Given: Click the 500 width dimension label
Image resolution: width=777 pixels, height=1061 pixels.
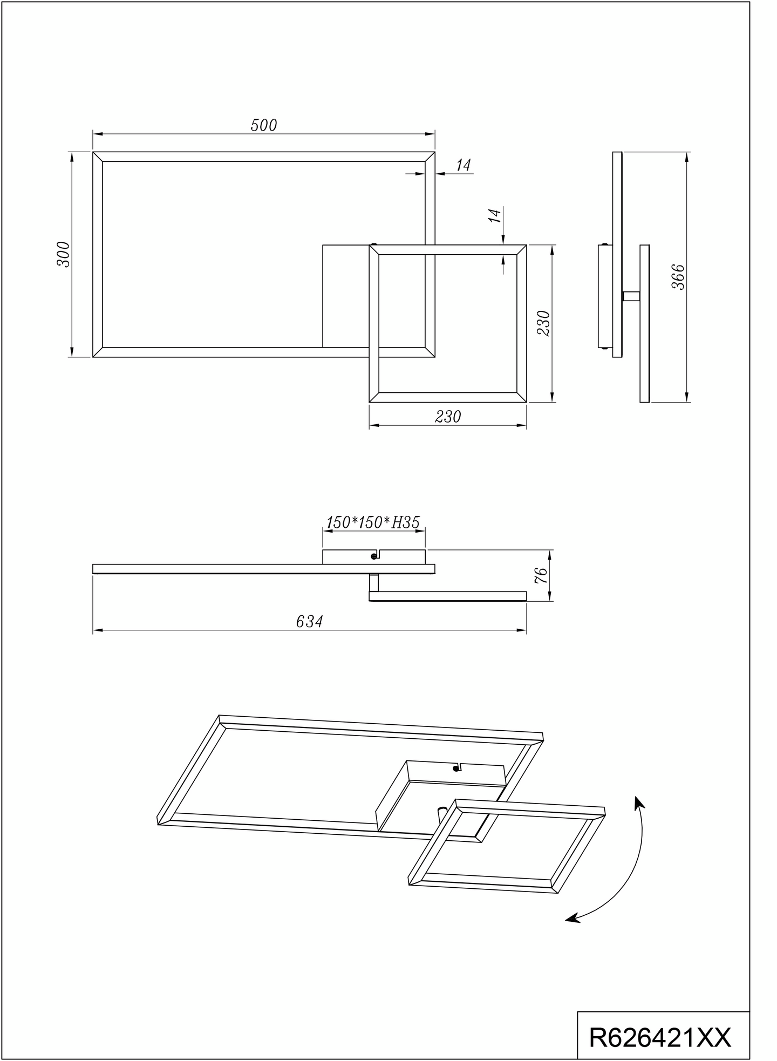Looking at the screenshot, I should (263, 125).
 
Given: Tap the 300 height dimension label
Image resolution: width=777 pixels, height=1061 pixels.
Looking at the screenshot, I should (64, 254).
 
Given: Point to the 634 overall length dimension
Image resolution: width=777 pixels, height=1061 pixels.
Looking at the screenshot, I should (309, 622).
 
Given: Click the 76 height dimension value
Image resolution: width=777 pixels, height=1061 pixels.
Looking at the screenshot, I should (542, 575).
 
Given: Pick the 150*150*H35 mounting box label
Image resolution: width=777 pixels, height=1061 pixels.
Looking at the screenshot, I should (373, 522).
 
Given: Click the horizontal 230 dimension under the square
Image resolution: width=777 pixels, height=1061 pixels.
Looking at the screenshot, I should (448, 417).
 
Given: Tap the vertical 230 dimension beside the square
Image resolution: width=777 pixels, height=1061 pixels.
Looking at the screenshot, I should (543, 323).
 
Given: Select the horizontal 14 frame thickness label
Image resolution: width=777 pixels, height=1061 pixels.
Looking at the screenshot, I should (463, 166).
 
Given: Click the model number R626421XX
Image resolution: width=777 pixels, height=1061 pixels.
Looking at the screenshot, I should (660, 1037).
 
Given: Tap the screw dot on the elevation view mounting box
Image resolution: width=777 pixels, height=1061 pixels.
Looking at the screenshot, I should (373, 556).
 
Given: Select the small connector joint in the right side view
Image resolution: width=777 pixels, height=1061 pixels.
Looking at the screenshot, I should (631, 296).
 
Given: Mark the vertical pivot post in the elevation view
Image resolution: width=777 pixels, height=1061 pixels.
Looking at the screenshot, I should (373, 582).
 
